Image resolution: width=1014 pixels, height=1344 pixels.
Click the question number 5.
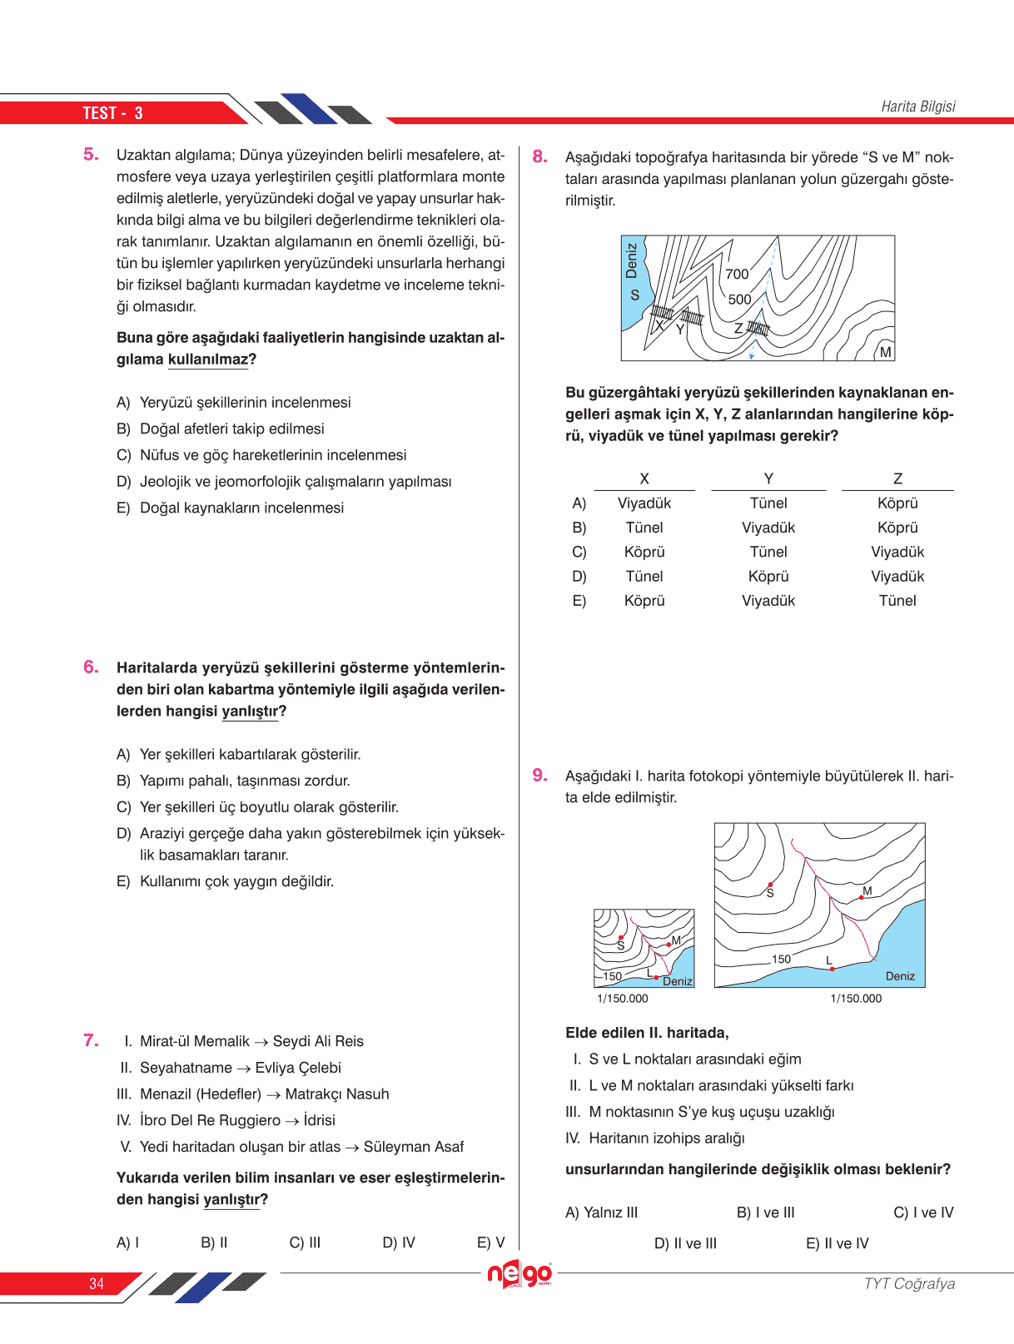click(91, 154)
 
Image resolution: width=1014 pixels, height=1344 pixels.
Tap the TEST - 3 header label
click(112, 113)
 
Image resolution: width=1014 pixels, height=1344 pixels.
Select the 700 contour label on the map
click(737, 274)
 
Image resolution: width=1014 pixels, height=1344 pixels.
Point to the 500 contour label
click(739, 300)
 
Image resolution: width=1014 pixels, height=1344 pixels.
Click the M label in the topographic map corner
click(885, 352)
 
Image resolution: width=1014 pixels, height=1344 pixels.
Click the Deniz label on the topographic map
click(631, 260)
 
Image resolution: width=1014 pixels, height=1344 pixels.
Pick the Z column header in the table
click(897, 479)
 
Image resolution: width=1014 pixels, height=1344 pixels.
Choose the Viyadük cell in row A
click(644, 503)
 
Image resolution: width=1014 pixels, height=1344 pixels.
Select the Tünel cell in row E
click(897, 600)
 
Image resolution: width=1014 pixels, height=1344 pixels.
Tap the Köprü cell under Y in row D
click(768, 576)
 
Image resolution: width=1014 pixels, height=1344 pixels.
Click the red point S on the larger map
click(771, 885)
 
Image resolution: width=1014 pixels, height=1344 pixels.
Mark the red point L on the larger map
click(832, 969)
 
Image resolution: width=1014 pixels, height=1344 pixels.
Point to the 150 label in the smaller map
click(613, 976)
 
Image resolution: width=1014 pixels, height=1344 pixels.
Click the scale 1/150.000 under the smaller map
click(622, 999)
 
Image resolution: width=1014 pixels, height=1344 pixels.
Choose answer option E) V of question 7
click(490, 1242)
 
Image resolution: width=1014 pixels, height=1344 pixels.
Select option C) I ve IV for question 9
click(923, 1213)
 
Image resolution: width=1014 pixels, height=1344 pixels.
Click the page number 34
click(97, 1283)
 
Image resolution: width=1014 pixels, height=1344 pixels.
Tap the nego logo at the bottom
click(519, 1274)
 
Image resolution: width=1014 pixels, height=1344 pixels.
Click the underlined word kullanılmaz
click(208, 360)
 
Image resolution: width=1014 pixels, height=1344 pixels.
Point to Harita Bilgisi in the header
click(917, 107)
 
